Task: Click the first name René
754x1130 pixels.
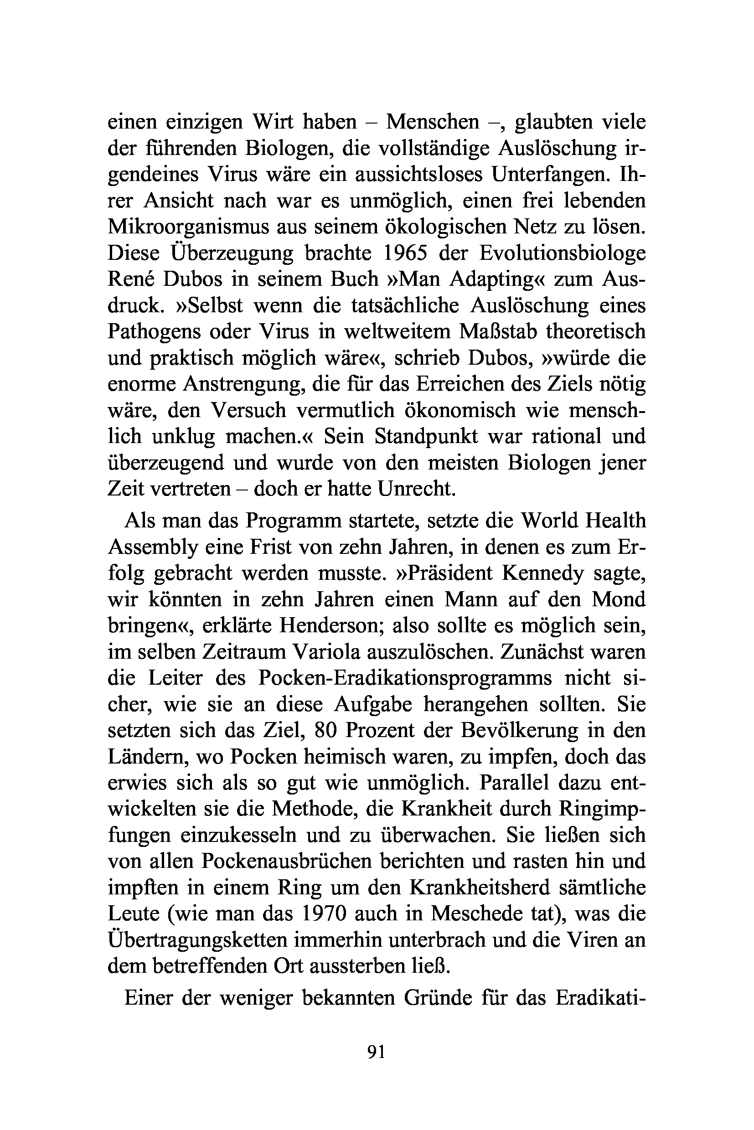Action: (129, 279)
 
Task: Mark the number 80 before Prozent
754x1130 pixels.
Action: (328, 730)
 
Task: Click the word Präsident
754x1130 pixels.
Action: (441, 573)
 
